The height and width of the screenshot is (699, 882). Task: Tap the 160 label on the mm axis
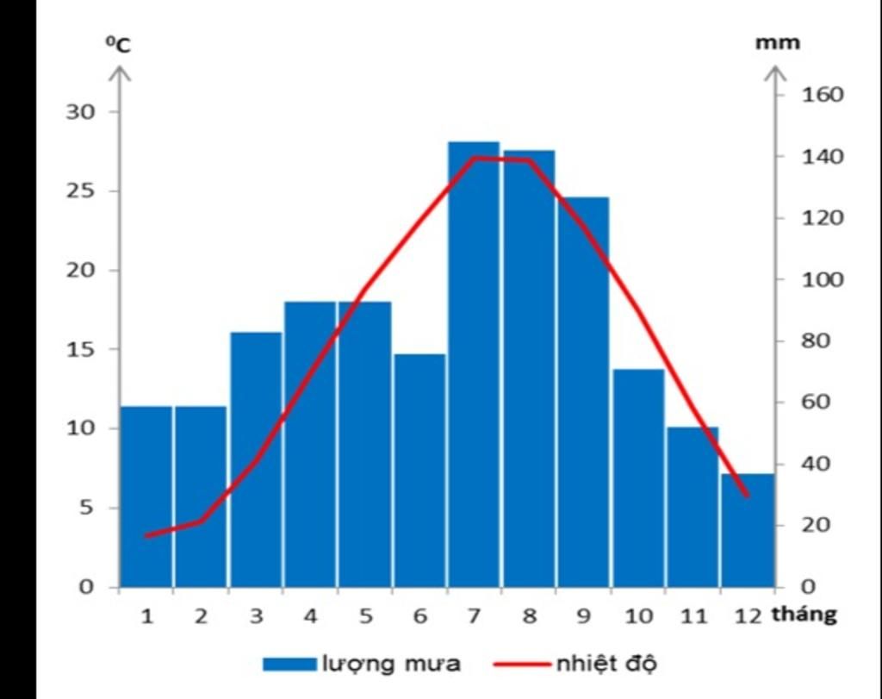[823, 95]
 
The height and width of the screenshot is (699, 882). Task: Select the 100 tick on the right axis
[823, 279]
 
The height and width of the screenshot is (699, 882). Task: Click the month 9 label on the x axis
[584, 616]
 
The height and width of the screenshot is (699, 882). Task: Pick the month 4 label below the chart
[311, 616]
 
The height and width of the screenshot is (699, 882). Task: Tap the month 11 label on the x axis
[693, 616]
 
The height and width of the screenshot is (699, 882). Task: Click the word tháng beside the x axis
[804, 615]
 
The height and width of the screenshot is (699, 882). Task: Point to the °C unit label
[118, 46]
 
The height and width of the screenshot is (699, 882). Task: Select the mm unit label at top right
[777, 42]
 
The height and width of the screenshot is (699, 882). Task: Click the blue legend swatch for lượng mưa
[289, 664]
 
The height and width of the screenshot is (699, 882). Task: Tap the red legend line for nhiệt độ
[522, 664]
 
